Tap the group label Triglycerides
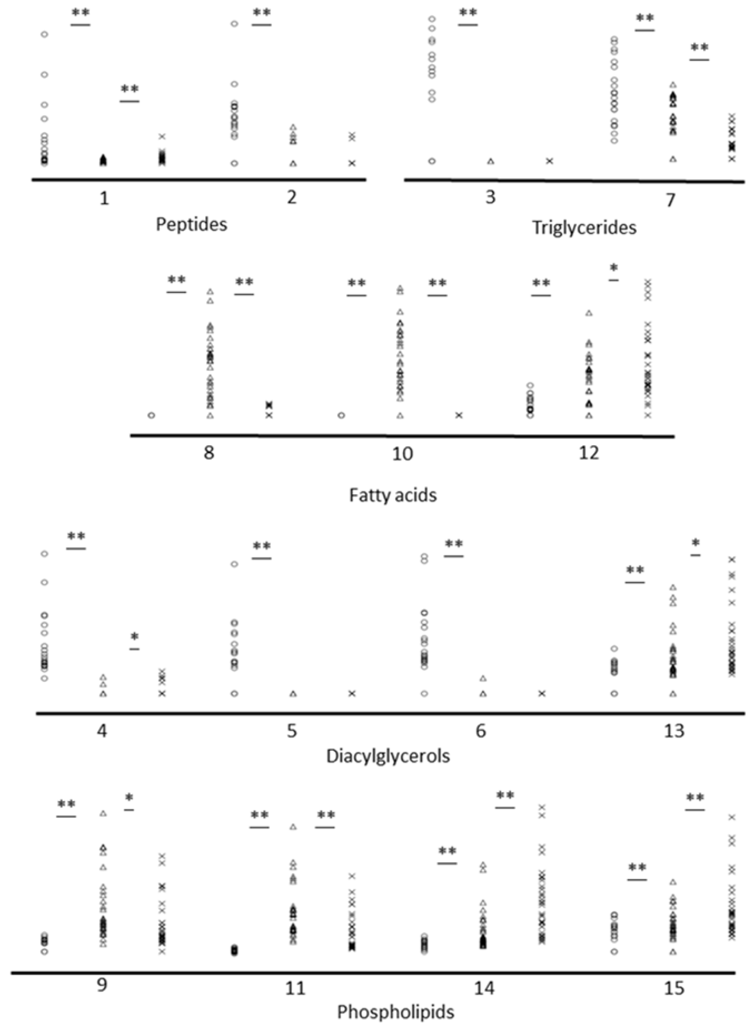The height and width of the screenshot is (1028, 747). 584,227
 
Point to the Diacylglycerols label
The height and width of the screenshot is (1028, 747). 388,756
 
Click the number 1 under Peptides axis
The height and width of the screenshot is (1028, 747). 104,198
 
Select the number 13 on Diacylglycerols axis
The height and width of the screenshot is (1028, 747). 674,731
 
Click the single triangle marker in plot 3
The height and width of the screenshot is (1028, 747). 490,161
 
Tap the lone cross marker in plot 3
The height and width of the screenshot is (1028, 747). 549,161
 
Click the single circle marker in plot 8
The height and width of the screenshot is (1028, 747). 152,415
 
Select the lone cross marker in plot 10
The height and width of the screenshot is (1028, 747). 459,415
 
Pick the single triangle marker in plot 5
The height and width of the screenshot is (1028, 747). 293,694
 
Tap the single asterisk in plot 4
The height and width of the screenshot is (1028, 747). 134,637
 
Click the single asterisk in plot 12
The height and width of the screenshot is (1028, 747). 614,268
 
